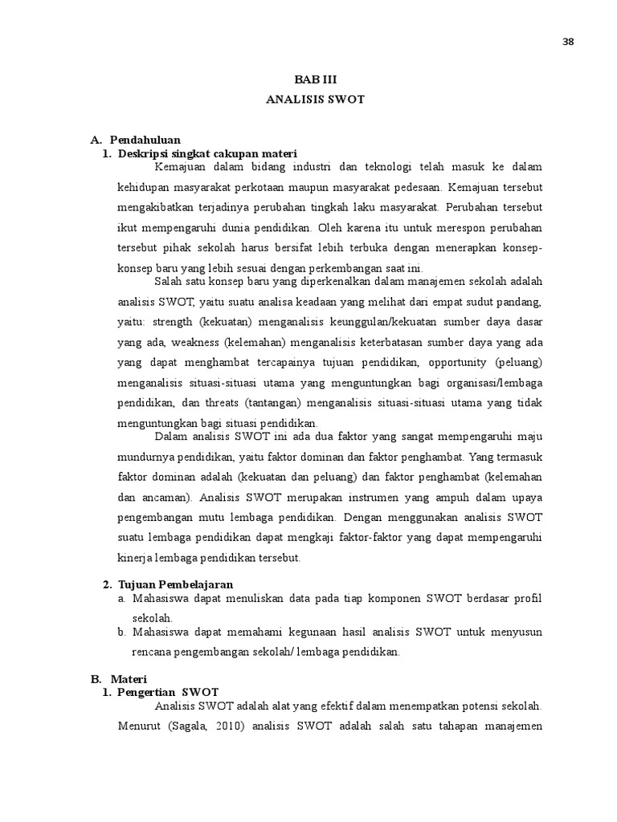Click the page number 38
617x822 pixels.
click(568, 43)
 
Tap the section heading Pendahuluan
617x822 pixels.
click(145, 139)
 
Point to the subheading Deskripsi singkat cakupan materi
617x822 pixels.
click(207, 153)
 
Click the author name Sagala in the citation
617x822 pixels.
click(199, 728)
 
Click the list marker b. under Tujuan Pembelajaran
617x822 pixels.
click(121, 632)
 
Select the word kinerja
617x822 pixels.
click(135, 557)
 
